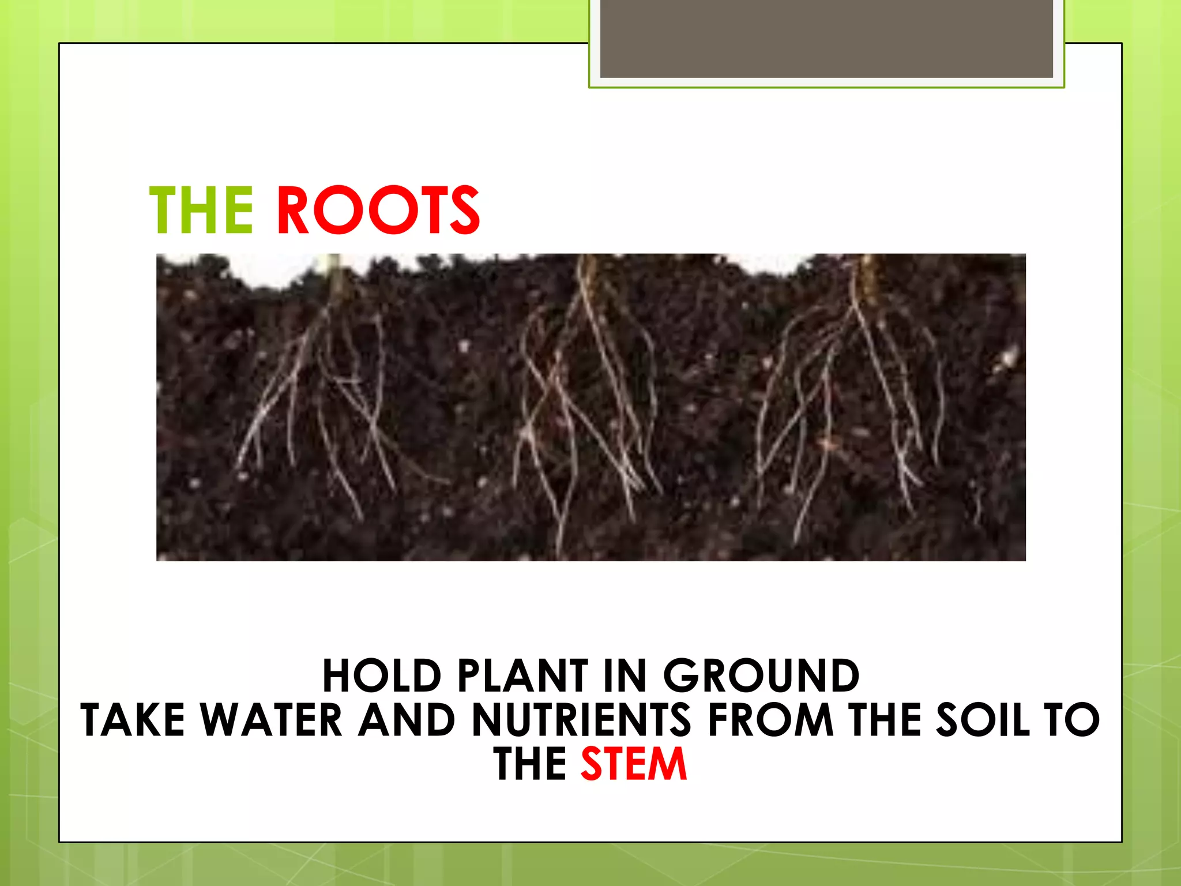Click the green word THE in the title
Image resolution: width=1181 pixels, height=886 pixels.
click(x=201, y=211)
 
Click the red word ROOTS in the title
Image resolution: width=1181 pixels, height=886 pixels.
click(x=378, y=211)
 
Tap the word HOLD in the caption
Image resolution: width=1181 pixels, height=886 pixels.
click(x=381, y=676)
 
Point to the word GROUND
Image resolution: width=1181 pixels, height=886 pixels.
click(x=761, y=676)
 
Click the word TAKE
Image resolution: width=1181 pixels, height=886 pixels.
click(x=133, y=720)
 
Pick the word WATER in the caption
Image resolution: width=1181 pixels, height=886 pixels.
click(x=272, y=720)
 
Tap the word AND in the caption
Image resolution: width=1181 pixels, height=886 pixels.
click(x=407, y=720)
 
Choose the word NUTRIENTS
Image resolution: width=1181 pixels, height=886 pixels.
click(x=581, y=720)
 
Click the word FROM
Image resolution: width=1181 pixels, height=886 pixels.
click(x=770, y=720)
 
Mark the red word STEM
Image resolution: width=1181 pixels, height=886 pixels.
click(x=633, y=764)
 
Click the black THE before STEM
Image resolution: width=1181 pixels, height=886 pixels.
click(x=529, y=764)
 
